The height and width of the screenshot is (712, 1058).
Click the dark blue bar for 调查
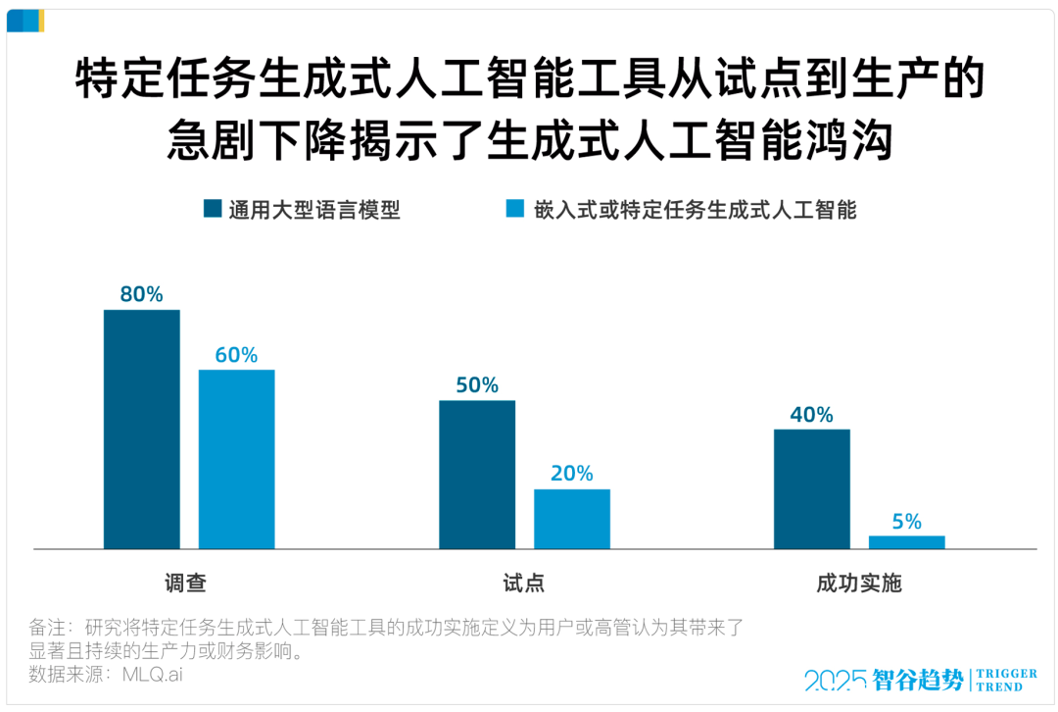tap(142, 429)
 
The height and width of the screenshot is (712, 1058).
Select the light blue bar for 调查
tap(236, 458)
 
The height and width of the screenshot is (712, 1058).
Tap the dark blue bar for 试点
tap(477, 474)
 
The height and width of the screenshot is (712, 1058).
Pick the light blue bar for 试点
tap(571, 518)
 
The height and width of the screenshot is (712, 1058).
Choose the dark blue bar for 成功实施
tap(812, 488)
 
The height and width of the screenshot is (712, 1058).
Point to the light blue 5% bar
tap(906, 541)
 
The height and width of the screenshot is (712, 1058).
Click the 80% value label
tap(142, 294)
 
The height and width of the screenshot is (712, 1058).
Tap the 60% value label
tap(236, 354)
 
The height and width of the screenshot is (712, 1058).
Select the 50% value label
tap(477, 384)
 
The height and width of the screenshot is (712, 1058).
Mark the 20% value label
tap(571, 474)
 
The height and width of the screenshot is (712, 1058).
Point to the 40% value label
tap(812, 414)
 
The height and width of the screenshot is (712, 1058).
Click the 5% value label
tap(906, 522)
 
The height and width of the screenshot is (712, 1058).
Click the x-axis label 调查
tap(185, 584)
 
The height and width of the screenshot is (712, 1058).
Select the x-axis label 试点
tap(523, 584)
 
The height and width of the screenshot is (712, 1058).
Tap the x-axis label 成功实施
tap(859, 584)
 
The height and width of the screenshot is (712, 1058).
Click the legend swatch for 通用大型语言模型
tap(212, 208)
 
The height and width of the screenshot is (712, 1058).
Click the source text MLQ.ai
tap(152, 674)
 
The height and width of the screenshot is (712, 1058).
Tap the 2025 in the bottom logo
tap(836, 680)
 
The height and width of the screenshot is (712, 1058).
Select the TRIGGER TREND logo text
tap(1006, 680)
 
